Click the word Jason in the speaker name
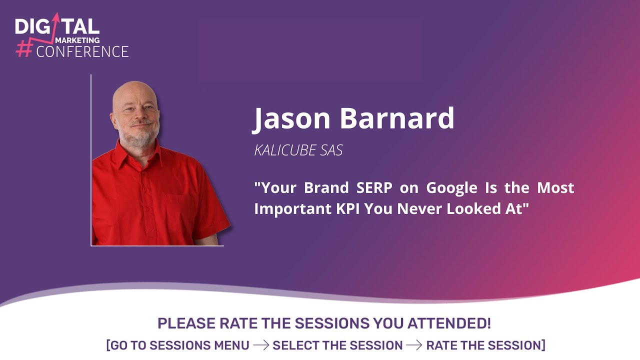point(291,118)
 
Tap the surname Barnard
point(397,117)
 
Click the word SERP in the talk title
point(374,187)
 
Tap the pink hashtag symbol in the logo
point(24,48)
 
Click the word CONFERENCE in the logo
point(82,51)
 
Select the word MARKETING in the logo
point(77,40)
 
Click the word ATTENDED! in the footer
point(449,323)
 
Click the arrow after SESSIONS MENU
point(261,345)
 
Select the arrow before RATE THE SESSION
point(414,345)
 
